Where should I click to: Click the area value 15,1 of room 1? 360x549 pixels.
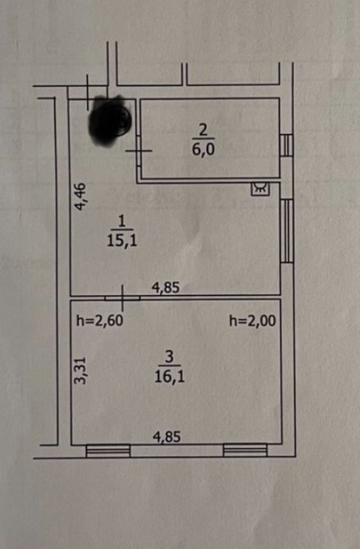122,241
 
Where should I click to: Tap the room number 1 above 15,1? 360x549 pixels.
121,221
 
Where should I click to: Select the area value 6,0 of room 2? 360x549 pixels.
203,149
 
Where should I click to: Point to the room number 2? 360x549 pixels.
203,130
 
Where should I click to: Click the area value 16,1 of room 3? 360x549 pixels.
170,377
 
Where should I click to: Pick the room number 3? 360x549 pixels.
169,357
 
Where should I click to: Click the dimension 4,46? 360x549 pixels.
80,197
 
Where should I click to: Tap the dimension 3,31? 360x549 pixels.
80,370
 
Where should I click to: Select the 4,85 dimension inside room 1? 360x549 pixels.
166,288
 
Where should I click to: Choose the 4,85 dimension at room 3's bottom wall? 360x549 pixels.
166,437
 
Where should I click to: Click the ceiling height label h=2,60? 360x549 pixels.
99,320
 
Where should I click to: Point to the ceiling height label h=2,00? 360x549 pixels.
253,320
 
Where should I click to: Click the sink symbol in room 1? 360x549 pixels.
261,188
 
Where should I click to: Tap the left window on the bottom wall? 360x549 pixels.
108,451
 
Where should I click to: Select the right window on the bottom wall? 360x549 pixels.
245,451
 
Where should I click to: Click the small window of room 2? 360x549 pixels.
287,145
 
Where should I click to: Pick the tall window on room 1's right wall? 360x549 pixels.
287,231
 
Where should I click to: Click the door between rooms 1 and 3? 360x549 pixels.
122,298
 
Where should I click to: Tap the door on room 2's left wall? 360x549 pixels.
139,151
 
